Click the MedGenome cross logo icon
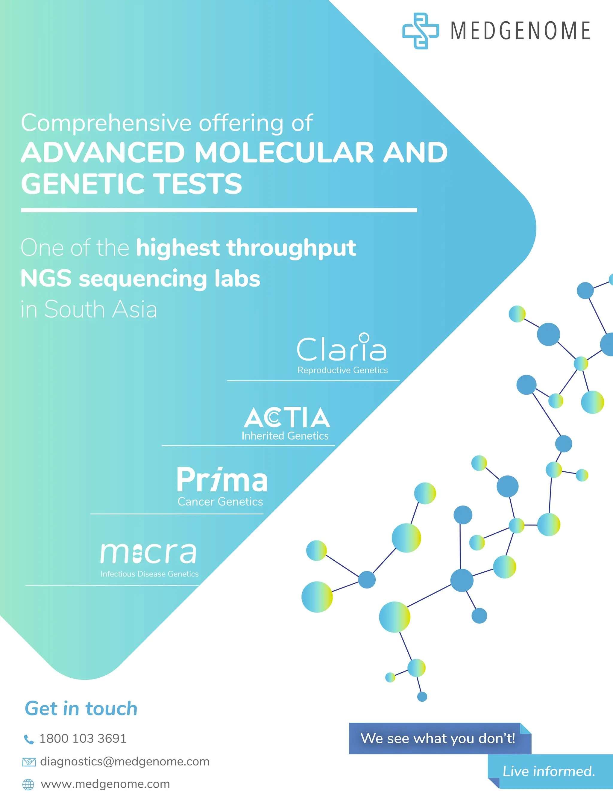click(420, 31)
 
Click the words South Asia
click(100, 309)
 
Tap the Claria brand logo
click(342, 347)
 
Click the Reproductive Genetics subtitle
click(342, 370)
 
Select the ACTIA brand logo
click(287, 418)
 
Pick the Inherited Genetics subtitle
click(285, 436)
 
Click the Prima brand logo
click(222, 479)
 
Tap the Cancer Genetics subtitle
click(220, 502)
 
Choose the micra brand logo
click(148, 553)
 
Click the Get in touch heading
click(81, 709)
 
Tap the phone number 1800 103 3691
click(83, 739)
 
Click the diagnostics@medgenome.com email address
click(125, 762)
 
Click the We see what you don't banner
click(438, 738)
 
